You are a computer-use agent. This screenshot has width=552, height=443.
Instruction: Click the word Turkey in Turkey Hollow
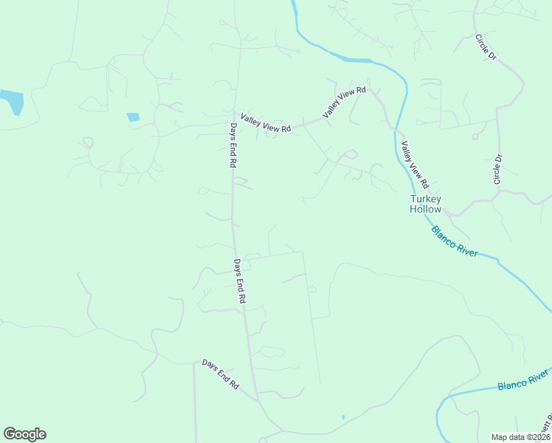click(426, 199)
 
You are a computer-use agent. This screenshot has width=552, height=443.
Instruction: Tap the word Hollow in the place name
click(426, 209)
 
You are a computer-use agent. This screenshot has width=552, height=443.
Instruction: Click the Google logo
click(24, 434)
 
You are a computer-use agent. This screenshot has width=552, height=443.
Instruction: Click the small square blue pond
click(133, 117)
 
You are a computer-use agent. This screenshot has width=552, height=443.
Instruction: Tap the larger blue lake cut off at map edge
click(11, 101)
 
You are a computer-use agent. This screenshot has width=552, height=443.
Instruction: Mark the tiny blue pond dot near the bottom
click(343, 418)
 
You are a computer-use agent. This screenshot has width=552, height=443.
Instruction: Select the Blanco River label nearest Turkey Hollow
click(455, 241)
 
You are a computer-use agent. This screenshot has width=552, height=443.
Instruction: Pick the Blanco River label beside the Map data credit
click(523, 383)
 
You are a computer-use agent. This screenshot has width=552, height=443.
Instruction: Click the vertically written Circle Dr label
click(498, 169)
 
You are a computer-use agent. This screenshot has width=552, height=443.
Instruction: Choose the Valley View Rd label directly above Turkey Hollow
click(415, 163)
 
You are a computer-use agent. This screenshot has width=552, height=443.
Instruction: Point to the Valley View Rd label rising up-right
click(344, 102)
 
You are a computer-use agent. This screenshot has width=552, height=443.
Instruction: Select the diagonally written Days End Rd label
click(221, 374)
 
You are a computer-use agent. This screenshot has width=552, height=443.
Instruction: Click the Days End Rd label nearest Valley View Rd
click(232, 145)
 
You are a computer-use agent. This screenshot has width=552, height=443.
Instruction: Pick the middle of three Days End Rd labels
click(239, 281)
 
